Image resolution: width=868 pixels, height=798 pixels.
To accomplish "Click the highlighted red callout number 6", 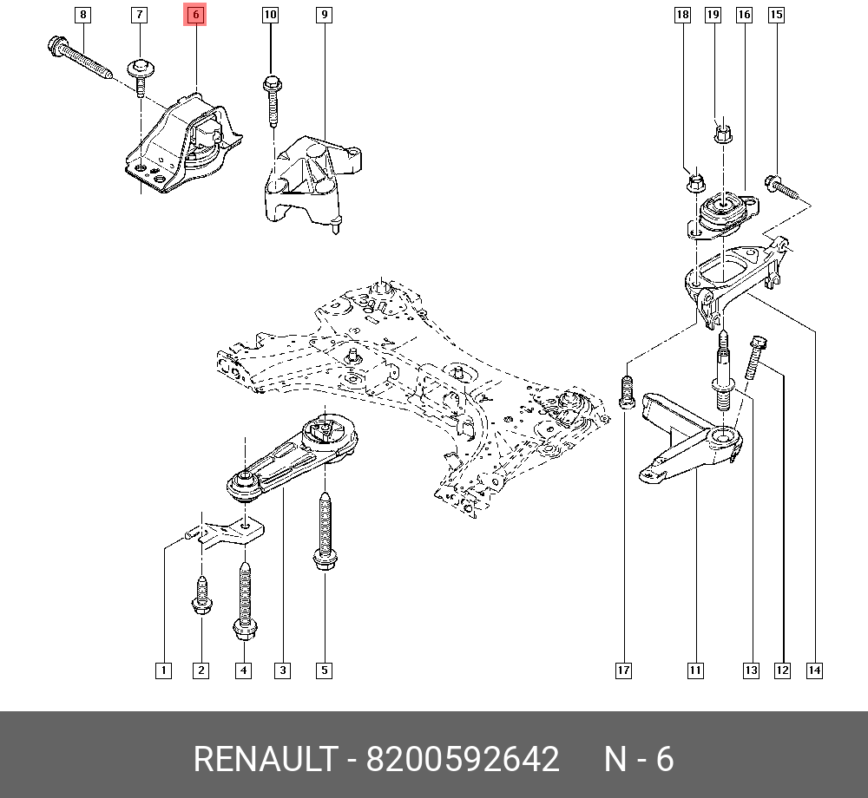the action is [x=195, y=15].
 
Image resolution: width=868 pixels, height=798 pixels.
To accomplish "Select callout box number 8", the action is [x=82, y=15].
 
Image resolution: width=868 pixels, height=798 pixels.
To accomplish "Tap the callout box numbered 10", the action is [x=270, y=15].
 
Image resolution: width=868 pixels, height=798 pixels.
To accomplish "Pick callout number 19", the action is [x=713, y=15].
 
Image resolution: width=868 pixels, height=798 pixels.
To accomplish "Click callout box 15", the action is [x=777, y=15].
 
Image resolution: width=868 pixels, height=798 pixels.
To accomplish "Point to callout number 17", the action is [x=623, y=670].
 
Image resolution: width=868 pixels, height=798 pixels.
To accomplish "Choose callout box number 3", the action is [x=282, y=670].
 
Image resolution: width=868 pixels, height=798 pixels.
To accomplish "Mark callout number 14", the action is [x=814, y=670].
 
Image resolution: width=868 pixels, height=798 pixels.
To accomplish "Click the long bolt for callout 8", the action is [x=80, y=57].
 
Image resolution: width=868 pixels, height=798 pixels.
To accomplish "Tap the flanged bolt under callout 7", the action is [x=141, y=76].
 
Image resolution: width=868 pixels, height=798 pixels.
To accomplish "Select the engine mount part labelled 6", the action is [x=183, y=144].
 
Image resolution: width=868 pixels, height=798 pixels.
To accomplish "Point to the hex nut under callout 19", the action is [x=722, y=133].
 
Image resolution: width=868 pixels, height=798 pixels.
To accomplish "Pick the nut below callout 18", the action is [x=696, y=182].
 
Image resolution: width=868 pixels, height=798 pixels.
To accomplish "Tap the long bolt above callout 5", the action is [x=325, y=531].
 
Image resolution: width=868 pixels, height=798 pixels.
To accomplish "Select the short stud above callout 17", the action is [x=626, y=392].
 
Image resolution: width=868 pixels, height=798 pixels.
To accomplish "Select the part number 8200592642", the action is [x=463, y=759].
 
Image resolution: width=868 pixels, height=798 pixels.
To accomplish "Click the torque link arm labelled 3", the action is [x=293, y=456].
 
